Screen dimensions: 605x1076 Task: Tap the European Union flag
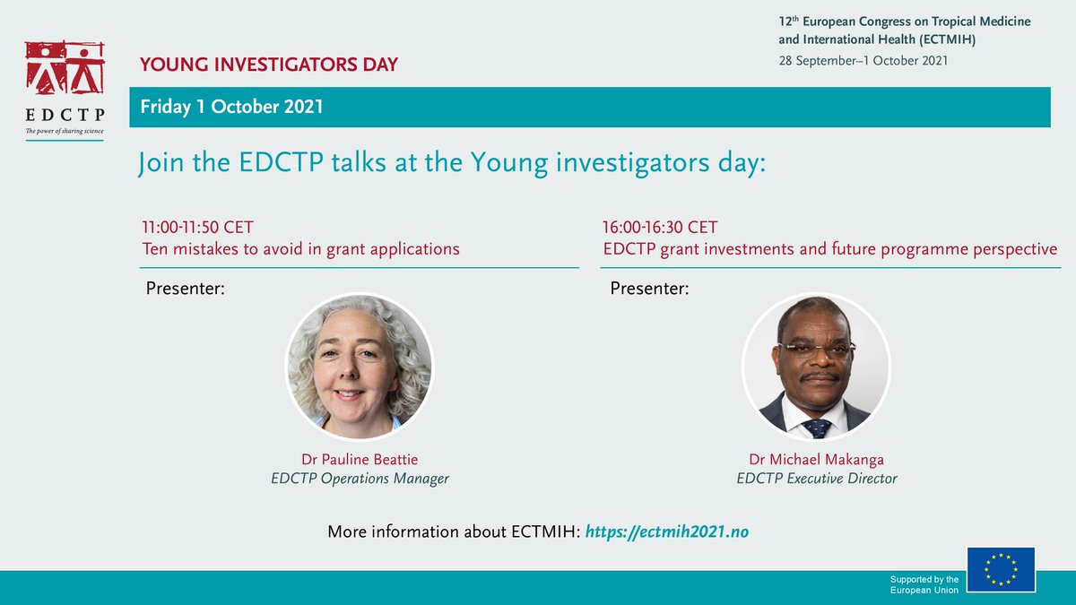[1001, 569]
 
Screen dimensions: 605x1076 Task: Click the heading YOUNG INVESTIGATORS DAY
[268, 65]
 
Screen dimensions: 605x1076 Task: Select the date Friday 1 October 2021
[231, 107]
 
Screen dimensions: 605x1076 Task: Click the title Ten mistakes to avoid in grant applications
[300, 249]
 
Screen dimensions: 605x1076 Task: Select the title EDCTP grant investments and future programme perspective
[830, 249]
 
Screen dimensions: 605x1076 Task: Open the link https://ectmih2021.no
[666, 532]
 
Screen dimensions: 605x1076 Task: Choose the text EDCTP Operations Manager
[360, 479]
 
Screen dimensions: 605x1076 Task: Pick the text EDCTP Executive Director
[816, 479]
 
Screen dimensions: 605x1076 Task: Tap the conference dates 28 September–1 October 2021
[863, 60]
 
